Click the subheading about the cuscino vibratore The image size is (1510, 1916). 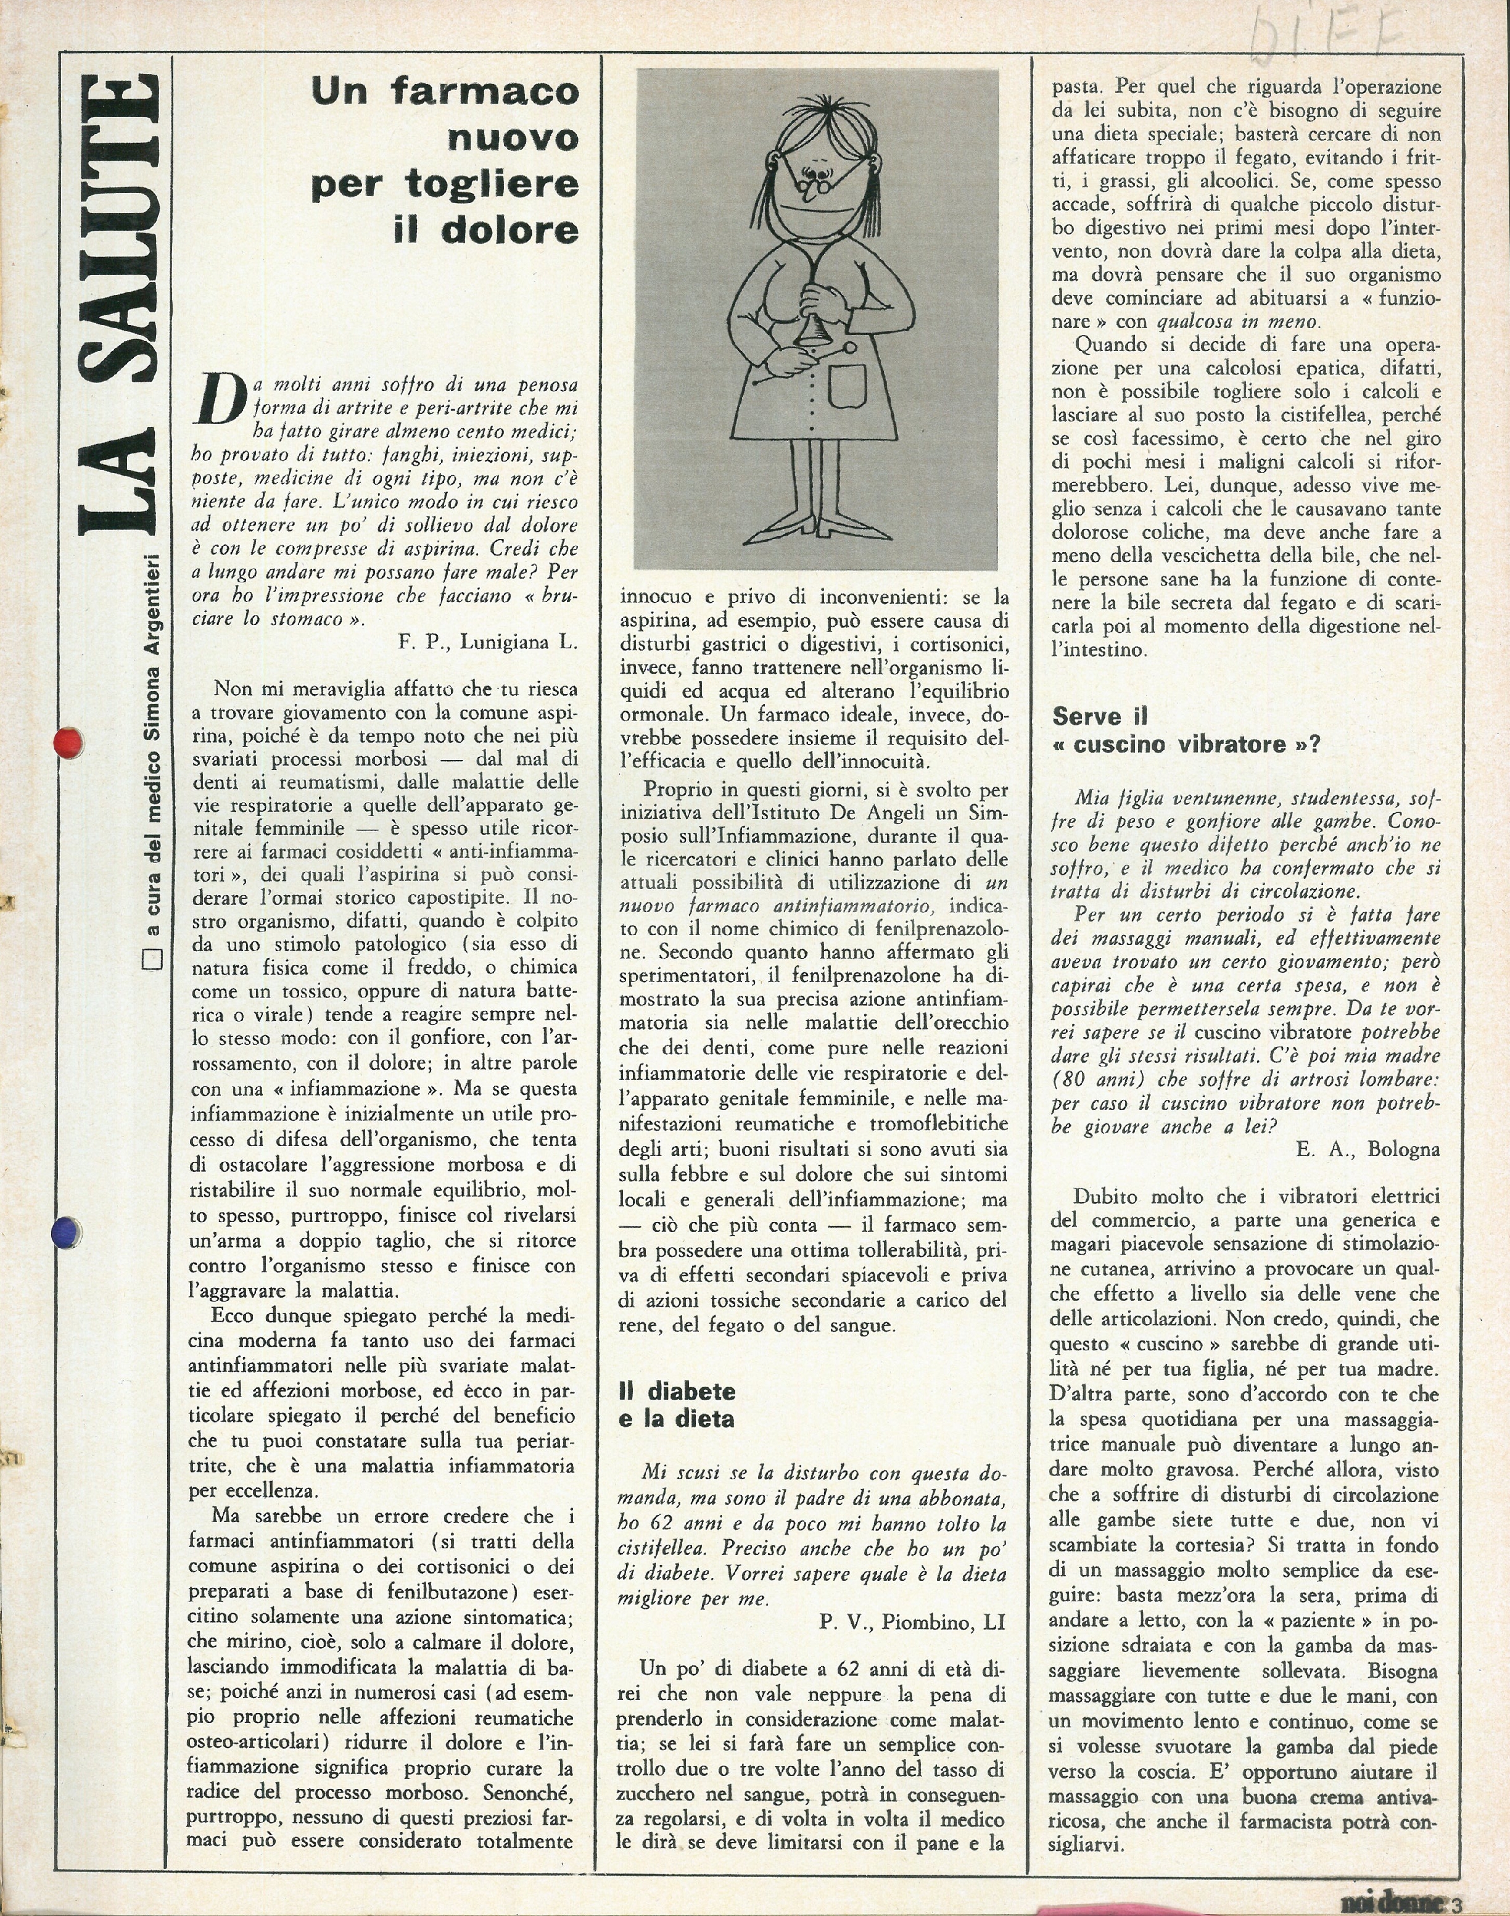point(1185,730)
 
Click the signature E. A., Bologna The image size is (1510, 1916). point(1367,1149)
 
